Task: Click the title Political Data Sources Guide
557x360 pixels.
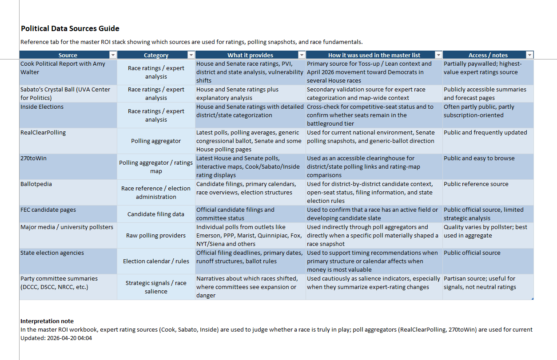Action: tap(70, 29)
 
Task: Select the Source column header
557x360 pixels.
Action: tap(68, 55)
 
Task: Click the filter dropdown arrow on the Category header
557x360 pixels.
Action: tap(191, 55)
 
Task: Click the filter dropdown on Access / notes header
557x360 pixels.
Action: tap(529, 55)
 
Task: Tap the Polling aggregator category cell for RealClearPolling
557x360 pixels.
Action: tap(156, 141)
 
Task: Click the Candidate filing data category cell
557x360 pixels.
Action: tap(156, 214)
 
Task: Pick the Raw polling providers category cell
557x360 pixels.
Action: tap(156, 236)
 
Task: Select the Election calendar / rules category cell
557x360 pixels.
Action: tap(156, 261)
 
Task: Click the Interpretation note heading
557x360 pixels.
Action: tap(47, 321)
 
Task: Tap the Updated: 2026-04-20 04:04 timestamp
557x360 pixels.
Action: tap(56, 338)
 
